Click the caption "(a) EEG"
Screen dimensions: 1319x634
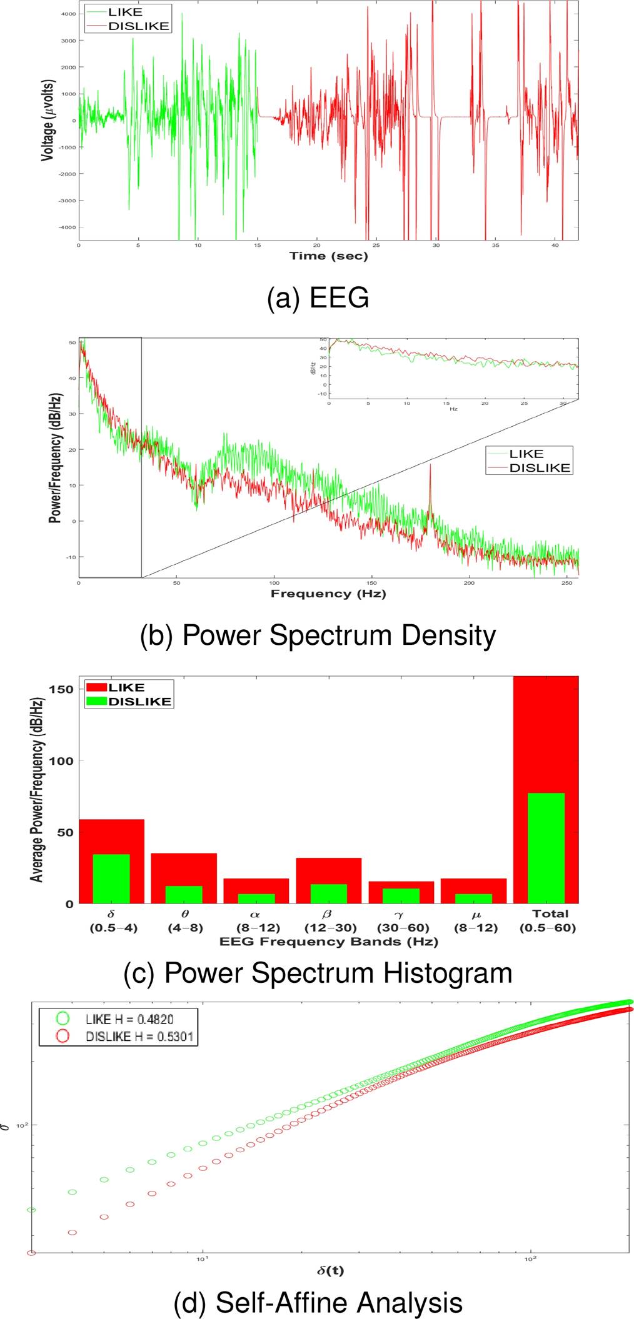318,299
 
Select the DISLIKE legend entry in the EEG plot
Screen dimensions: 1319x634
138,26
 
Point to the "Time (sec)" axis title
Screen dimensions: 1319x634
328,256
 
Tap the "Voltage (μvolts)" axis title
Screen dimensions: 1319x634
48,121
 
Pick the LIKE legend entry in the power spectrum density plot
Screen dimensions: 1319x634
526,454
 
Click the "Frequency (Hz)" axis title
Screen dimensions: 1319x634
328,594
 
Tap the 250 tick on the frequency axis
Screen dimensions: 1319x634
567,583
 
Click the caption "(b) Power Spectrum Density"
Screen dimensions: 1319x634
318,635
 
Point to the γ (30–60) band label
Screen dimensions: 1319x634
402,921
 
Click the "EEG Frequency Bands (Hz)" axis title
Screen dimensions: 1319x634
328,942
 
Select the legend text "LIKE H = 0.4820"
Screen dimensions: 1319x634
129,1019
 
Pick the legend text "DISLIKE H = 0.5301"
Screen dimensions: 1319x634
139,1037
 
